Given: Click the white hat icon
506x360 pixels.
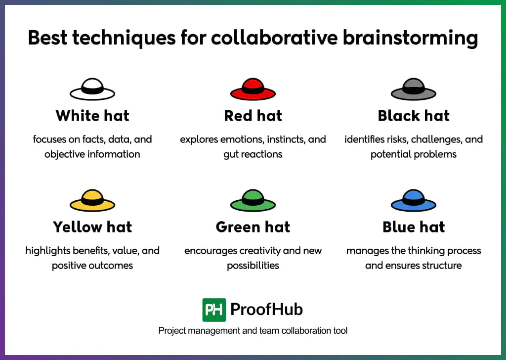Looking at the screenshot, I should point(92,90).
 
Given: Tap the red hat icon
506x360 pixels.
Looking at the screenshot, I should point(253,90).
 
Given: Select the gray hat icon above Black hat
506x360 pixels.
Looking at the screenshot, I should point(414,90).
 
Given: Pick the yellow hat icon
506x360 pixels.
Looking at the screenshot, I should point(92,201).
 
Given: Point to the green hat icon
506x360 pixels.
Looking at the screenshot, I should point(253,201).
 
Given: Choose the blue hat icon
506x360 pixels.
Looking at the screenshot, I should point(414,201).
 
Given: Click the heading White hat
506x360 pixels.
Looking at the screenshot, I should point(92,116).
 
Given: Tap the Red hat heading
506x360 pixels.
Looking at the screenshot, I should point(253,116).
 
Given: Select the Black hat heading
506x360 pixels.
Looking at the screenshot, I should point(414,116).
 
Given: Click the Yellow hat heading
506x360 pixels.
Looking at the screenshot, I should point(92,227).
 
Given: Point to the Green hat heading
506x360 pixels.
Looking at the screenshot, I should point(253,227).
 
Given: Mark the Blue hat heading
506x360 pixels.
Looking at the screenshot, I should point(414,227).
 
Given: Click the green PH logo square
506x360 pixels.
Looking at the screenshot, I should point(214,310).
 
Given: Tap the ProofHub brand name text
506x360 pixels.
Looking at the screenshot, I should point(266,310).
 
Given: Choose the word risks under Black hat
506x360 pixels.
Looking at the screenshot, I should point(392,139).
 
